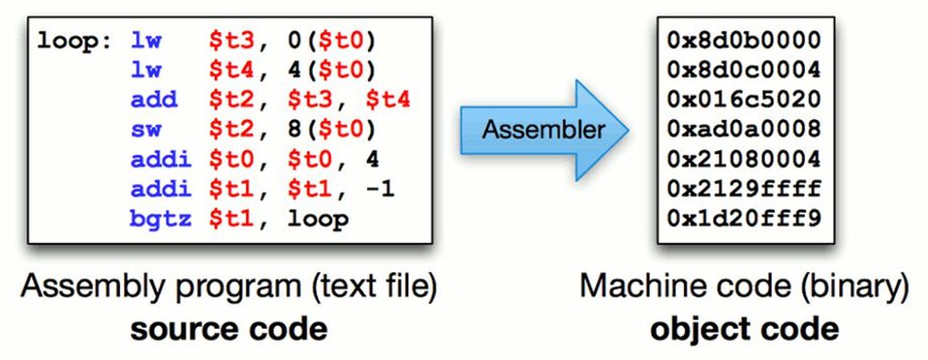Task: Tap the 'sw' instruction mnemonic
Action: tap(144, 130)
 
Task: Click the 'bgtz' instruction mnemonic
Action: tap(160, 218)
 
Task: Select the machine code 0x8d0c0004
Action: tap(743, 70)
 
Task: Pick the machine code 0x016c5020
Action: tap(743, 100)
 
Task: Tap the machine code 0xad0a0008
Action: tap(743, 130)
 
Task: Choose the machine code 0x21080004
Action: tap(743, 159)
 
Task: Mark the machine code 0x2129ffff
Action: tap(743, 189)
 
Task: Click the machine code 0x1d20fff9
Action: tap(743, 218)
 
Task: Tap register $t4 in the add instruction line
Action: tap(388, 100)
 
